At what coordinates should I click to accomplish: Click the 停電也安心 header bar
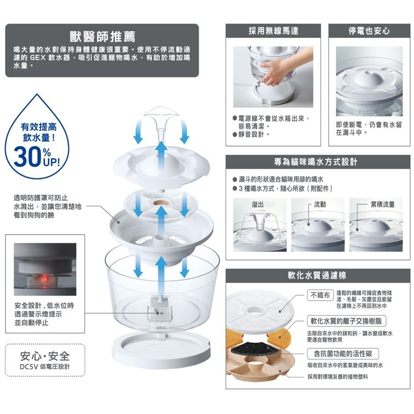click(x=369, y=31)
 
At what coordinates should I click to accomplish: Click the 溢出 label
click(x=257, y=204)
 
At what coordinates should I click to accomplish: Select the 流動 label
click(x=320, y=204)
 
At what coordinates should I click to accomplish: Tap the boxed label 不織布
click(x=320, y=296)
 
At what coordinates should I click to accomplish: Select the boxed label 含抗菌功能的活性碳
click(x=342, y=354)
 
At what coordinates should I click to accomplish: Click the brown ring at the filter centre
click(x=160, y=204)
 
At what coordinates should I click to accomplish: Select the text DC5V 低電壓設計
click(x=44, y=367)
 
